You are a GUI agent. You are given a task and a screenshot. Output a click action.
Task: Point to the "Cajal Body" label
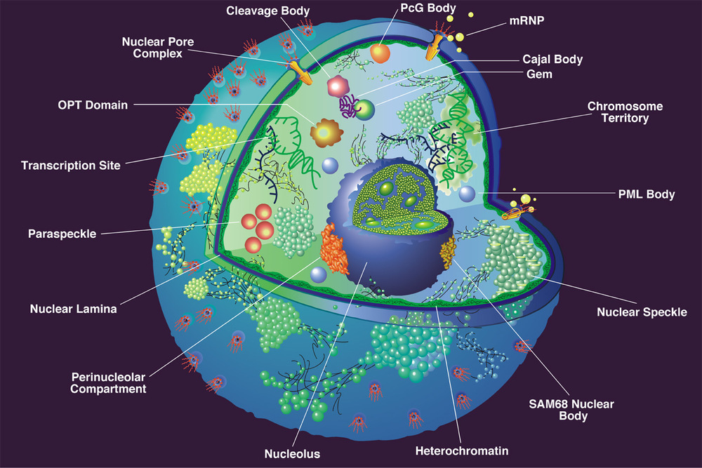(553, 60)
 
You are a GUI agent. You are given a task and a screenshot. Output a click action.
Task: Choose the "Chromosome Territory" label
(625, 112)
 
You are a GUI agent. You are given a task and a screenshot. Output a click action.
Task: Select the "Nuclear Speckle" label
(642, 312)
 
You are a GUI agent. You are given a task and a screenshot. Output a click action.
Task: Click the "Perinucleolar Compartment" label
(108, 382)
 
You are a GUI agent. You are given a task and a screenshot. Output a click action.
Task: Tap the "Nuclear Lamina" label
(74, 308)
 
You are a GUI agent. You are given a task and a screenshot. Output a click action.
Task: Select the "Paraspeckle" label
(62, 233)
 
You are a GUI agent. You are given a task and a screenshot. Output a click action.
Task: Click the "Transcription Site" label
(71, 166)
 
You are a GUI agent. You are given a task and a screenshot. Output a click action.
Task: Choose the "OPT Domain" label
(93, 105)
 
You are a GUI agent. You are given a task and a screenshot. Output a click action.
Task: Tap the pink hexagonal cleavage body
(338, 86)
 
